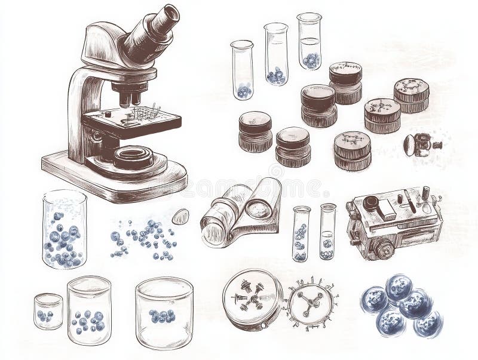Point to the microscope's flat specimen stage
point(131,119)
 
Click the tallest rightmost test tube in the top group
point(310,41)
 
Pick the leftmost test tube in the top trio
point(242,69)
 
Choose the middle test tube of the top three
point(275,54)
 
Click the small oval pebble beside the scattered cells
point(180,216)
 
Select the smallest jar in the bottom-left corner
point(48,311)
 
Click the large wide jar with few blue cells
point(164,313)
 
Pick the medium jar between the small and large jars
point(89,310)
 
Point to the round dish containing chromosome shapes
point(252,298)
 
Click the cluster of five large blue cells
point(401,305)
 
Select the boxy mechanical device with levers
point(394,221)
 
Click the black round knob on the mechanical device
point(371,203)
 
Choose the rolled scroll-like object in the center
point(241,212)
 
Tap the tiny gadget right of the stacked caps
point(421,145)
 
